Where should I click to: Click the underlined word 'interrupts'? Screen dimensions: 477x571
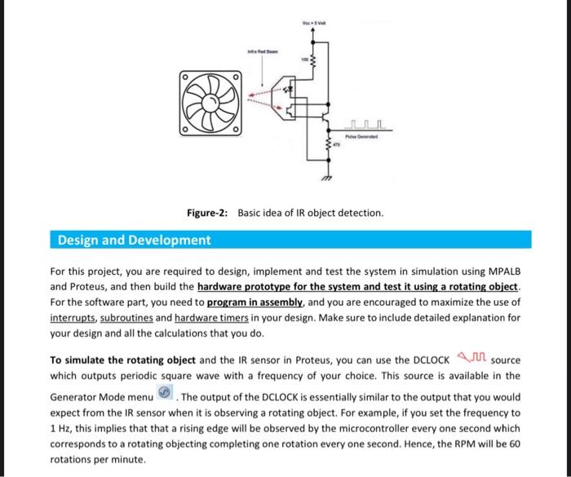pyautogui.click(x=73, y=317)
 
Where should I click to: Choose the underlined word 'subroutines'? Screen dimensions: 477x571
pyautogui.click(x=126, y=317)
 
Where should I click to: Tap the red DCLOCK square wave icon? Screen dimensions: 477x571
pyautogui.click(x=471, y=356)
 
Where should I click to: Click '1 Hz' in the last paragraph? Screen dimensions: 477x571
pyautogui.click(x=60, y=428)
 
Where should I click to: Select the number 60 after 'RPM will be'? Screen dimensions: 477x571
pyautogui.click(x=511, y=443)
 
